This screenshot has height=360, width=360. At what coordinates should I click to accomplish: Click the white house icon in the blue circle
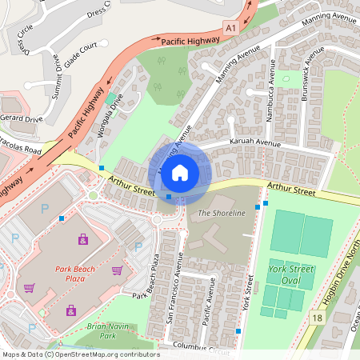point(180,171)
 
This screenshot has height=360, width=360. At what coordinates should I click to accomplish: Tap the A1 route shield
point(231,28)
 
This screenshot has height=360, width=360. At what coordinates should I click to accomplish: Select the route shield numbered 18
point(318,318)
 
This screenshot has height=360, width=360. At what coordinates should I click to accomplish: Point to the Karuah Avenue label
point(256,143)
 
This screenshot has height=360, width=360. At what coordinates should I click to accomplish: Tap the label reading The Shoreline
point(219,213)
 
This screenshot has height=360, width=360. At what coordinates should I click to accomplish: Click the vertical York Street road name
point(249,294)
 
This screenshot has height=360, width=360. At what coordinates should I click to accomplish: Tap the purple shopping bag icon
point(82,238)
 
